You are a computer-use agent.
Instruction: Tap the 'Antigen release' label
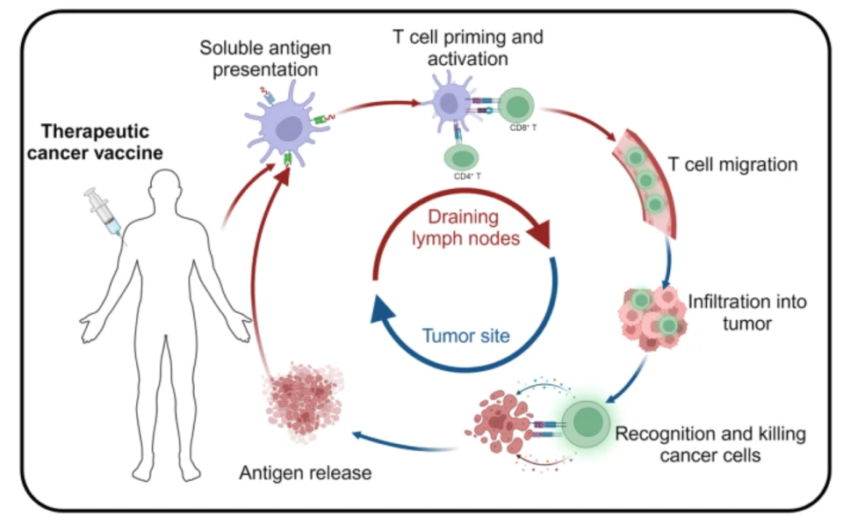[x=305, y=473]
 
